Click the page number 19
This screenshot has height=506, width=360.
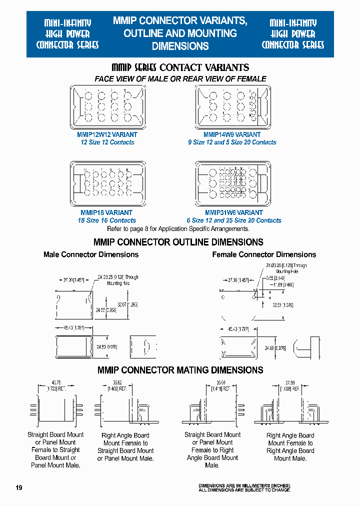tap(19, 487)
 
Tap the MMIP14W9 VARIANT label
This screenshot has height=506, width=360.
tap(232, 134)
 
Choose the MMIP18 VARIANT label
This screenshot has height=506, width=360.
tap(106, 212)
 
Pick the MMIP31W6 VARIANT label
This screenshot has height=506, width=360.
tap(233, 212)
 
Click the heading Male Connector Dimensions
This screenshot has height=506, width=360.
tap(91, 254)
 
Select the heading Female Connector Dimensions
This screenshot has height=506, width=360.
tap(264, 254)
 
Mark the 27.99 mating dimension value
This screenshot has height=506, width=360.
tap(290, 382)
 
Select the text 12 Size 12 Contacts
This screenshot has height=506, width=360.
tap(107, 142)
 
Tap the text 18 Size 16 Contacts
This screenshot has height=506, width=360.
tap(106, 220)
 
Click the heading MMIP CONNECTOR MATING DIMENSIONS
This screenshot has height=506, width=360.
tap(180, 370)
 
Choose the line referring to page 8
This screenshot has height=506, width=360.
tap(178, 228)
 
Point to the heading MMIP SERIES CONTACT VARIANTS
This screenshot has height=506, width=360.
tap(180, 67)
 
